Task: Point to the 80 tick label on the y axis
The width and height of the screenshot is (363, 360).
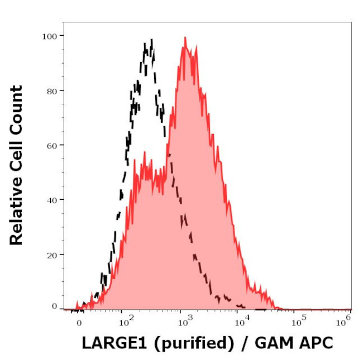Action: (x=51, y=90)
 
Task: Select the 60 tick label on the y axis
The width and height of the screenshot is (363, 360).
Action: (x=51, y=145)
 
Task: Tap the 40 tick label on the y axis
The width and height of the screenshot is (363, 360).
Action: (x=51, y=199)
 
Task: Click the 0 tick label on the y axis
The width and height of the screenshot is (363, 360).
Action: (x=54, y=306)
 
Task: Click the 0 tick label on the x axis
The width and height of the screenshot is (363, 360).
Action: (x=79, y=323)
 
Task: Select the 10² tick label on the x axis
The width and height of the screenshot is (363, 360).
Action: (x=126, y=321)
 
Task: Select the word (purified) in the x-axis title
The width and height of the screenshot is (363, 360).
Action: (x=194, y=343)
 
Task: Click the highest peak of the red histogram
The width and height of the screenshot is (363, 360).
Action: (x=185, y=38)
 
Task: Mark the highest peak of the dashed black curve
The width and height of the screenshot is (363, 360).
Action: (x=151, y=40)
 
